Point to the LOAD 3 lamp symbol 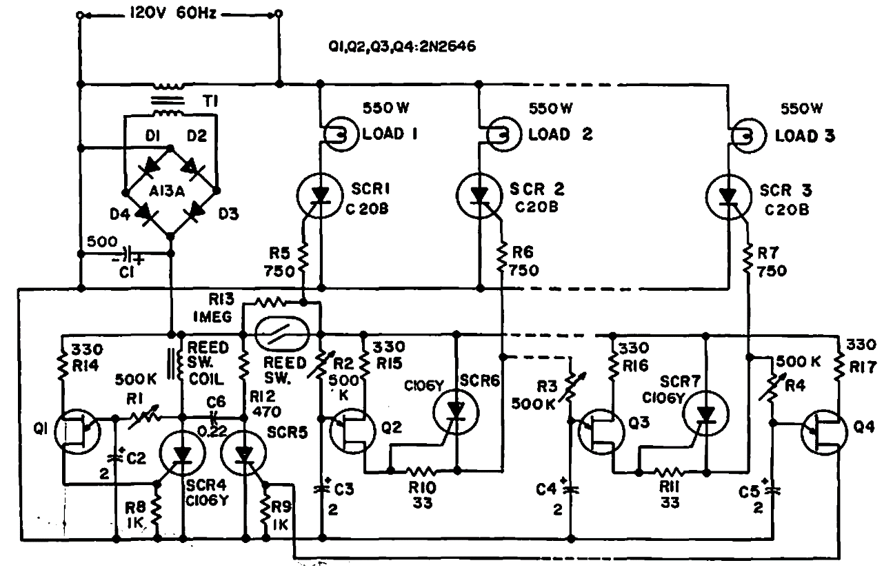(748, 134)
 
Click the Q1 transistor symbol (78, 432)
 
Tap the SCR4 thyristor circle (182, 454)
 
